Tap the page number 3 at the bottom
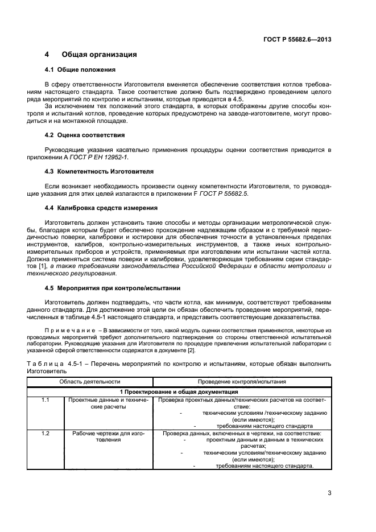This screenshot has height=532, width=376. point(329,493)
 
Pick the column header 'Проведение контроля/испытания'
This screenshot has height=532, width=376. point(242,382)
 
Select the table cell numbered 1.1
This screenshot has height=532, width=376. point(46,399)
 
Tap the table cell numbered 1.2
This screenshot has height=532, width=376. point(46,434)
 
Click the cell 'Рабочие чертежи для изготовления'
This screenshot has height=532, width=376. point(109,436)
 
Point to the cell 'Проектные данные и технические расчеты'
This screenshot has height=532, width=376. point(109,403)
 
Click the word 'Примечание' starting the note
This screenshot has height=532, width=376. point(63,330)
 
